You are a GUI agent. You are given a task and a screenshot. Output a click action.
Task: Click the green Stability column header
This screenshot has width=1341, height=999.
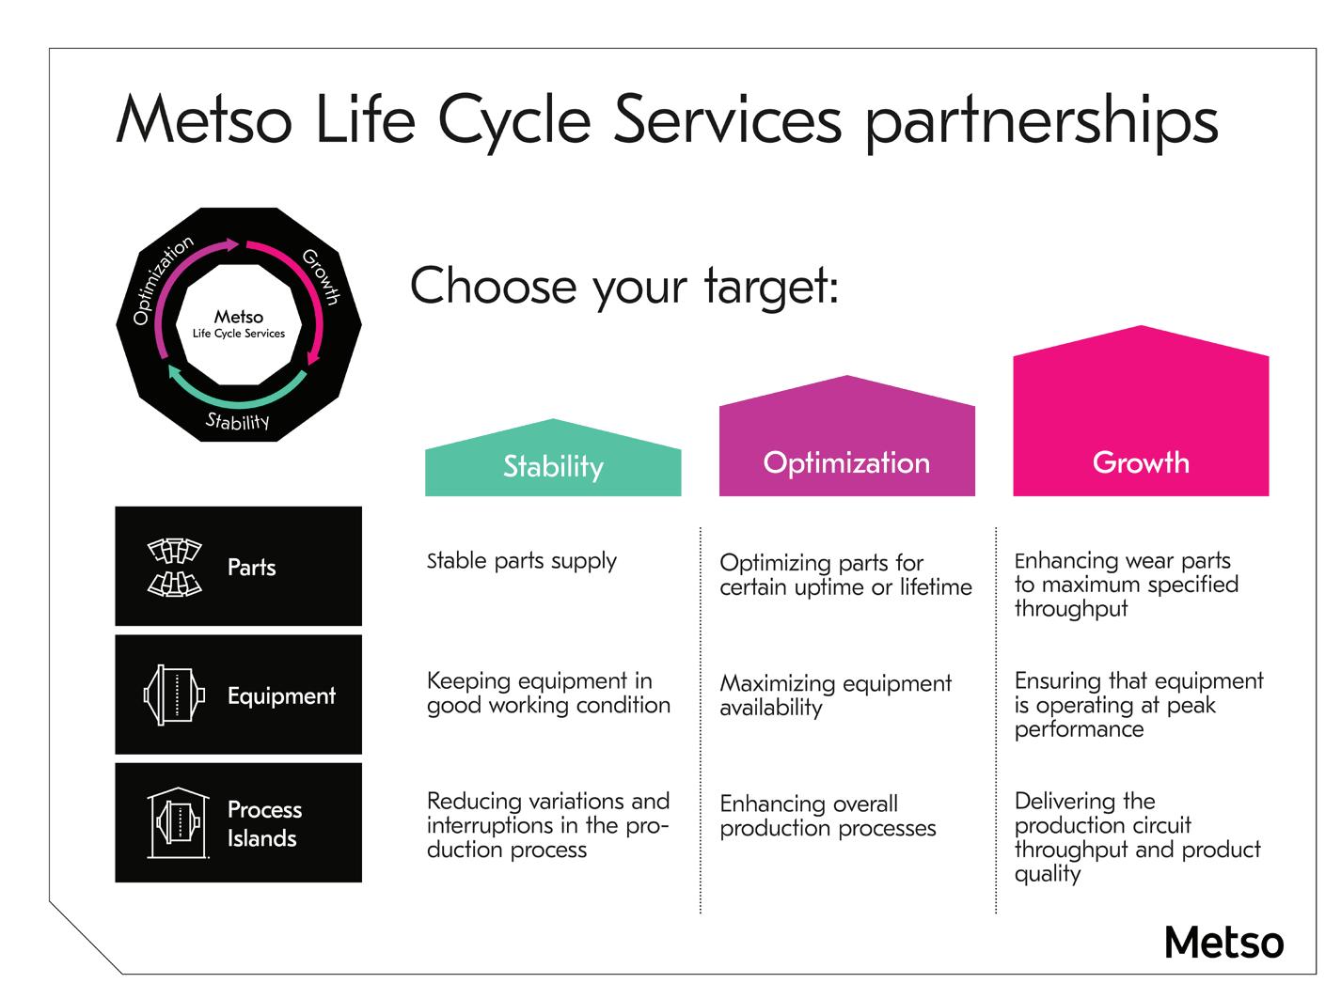click(553, 465)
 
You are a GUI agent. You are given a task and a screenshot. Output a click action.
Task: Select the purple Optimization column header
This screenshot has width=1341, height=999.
click(846, 461)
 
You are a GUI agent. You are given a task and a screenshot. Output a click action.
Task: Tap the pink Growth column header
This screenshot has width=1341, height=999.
click(1141, 461)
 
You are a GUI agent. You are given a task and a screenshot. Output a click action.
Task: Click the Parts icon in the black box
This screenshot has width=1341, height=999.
click(175, 567)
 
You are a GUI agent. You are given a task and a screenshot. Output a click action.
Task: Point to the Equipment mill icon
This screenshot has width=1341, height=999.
click(174, 695)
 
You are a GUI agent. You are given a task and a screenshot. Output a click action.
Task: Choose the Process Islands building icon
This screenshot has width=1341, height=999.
click(177, 822)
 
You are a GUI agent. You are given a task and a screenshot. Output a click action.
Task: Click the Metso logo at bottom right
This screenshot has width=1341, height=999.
click(1223, 942)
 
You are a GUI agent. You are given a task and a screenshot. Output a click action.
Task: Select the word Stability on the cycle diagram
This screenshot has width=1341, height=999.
click(238, 420)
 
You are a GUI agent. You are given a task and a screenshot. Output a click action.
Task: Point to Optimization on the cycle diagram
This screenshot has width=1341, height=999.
click(162, 279)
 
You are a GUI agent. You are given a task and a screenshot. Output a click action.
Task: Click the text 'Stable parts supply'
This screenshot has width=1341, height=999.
click(522, 561)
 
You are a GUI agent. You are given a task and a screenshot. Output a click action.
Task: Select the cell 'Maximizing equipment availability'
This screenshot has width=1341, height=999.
click(835, 695)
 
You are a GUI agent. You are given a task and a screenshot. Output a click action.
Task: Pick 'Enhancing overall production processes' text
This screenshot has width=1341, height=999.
click(828, 816)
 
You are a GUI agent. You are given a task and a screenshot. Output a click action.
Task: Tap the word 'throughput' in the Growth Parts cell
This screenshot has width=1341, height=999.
click(1071, 609)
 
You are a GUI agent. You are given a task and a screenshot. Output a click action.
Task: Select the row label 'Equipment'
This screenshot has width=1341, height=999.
click(281, 695)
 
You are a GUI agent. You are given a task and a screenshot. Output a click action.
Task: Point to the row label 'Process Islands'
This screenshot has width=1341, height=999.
click(264, 823)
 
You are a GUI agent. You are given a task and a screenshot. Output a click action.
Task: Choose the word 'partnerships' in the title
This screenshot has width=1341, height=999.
click(1041, 122)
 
